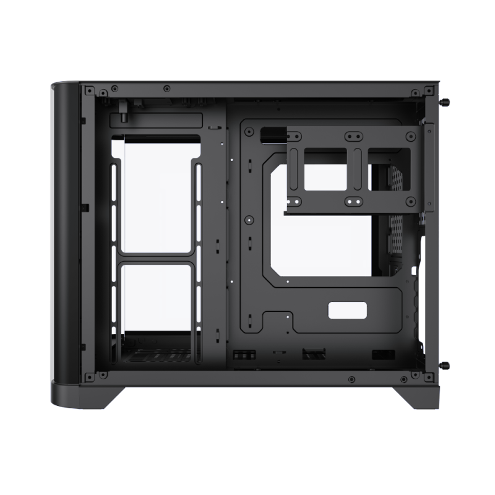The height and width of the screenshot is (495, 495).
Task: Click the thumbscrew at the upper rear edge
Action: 444,102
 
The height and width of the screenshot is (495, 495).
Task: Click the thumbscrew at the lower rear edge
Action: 444,366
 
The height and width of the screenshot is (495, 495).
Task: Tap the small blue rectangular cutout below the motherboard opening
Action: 347,311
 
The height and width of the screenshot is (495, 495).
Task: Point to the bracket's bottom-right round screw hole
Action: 410,202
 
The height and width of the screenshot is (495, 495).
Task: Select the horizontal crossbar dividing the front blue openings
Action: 156,257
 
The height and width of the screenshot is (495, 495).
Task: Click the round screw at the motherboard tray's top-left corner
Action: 248,132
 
